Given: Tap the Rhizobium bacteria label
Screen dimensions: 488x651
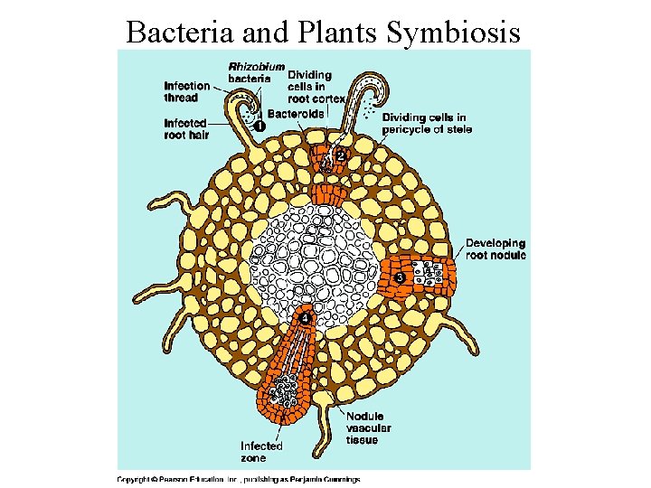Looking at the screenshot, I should pyautogui.click(x=256, y=72).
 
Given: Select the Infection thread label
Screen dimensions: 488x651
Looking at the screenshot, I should pyautogui.click(x=186, y=91).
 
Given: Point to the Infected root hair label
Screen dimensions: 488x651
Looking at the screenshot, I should pyautogui.click(x=186, y=128).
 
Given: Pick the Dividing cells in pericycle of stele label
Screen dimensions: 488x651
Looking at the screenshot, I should pyautogui.click(x=424, y=124).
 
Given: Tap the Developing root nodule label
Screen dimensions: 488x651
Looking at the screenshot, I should pyautogui.click(x=495, y=249).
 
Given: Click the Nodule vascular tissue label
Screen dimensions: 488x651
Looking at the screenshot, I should pyautogui.click(x=368, y=428).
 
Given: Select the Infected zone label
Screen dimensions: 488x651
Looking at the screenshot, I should pyautogui.click(x=261, y=451).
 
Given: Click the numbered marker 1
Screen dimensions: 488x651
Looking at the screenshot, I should pyautogui.click(x=259, y=127).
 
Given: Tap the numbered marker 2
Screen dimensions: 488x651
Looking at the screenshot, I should pyautogui.click(x=340, y=155).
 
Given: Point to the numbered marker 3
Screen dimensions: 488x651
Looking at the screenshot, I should pyautogui.click(x=399, y=278).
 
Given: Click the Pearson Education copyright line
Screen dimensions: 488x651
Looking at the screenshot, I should pyautogui.click(x=239, y=479).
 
